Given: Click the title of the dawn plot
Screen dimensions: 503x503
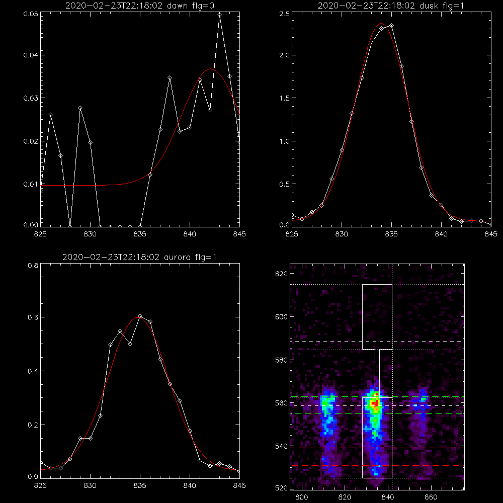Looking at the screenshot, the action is [140, 6].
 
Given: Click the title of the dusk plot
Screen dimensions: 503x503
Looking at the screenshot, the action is [391, 6].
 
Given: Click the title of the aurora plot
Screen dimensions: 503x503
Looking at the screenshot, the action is [139, 257].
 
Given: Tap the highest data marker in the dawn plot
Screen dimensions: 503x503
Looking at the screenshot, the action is [220, 15].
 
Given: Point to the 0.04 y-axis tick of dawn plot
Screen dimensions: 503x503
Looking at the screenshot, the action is [31, 55].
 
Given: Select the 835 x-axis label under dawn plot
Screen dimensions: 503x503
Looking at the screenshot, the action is [140, 234].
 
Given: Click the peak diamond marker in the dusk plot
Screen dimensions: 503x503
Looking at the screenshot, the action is [391, 25].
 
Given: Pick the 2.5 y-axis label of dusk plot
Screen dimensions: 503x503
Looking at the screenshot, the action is [284, 14].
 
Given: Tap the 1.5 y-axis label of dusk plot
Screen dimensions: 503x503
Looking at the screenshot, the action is [284, 98].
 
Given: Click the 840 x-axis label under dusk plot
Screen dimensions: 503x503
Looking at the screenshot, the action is [441, 234].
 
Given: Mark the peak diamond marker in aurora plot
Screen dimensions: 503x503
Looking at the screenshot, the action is [140, 316].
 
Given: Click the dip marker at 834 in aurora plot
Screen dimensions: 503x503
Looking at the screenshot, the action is [130, 344].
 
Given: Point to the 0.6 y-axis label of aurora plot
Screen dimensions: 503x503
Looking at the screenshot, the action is [33, 317].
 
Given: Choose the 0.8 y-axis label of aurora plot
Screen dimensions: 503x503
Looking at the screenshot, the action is [33, 265].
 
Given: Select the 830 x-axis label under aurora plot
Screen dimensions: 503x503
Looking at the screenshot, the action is [90, 485].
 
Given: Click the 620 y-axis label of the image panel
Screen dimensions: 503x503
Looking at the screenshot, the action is [281, 274].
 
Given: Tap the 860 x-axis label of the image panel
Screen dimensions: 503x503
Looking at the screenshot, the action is [431, 497].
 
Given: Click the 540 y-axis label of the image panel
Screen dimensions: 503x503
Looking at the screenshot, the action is [281, 446].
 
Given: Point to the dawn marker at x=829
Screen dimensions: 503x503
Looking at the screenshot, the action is [80, 108].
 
